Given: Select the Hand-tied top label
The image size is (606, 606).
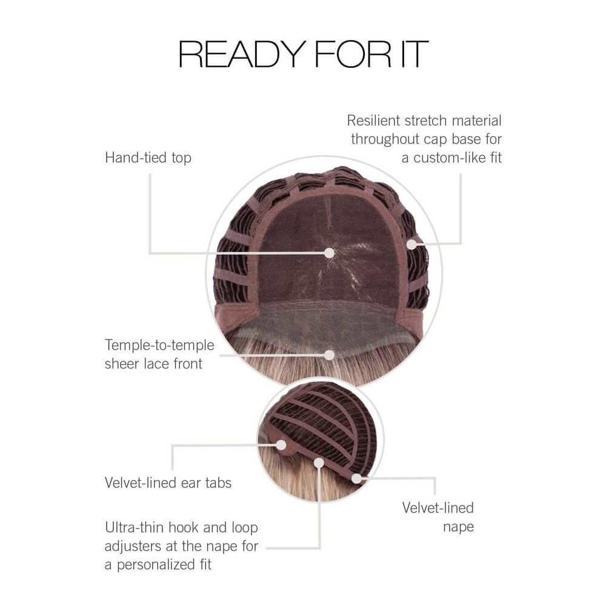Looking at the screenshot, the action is tap(148, 158).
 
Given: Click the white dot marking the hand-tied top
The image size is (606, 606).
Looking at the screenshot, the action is tap(329, 253).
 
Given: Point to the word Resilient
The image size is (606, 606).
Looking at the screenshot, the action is tap(373, 121).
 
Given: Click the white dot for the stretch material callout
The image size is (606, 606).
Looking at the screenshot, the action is tap(412, 244).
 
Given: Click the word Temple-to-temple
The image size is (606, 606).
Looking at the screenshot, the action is tap(159, 345).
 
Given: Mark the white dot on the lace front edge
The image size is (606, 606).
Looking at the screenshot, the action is tap(329, 355).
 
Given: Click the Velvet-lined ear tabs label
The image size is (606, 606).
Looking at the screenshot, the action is tap(168, 483).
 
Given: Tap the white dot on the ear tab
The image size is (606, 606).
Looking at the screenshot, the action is tap(281, 445).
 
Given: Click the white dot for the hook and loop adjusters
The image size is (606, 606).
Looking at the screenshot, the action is tap(319, 462).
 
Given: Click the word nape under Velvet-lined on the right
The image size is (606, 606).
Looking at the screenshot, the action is tap(458, 527).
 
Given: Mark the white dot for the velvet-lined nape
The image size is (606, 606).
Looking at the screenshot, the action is tap(356, 479).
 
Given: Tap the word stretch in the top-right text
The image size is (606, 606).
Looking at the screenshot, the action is tap(426, 121).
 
